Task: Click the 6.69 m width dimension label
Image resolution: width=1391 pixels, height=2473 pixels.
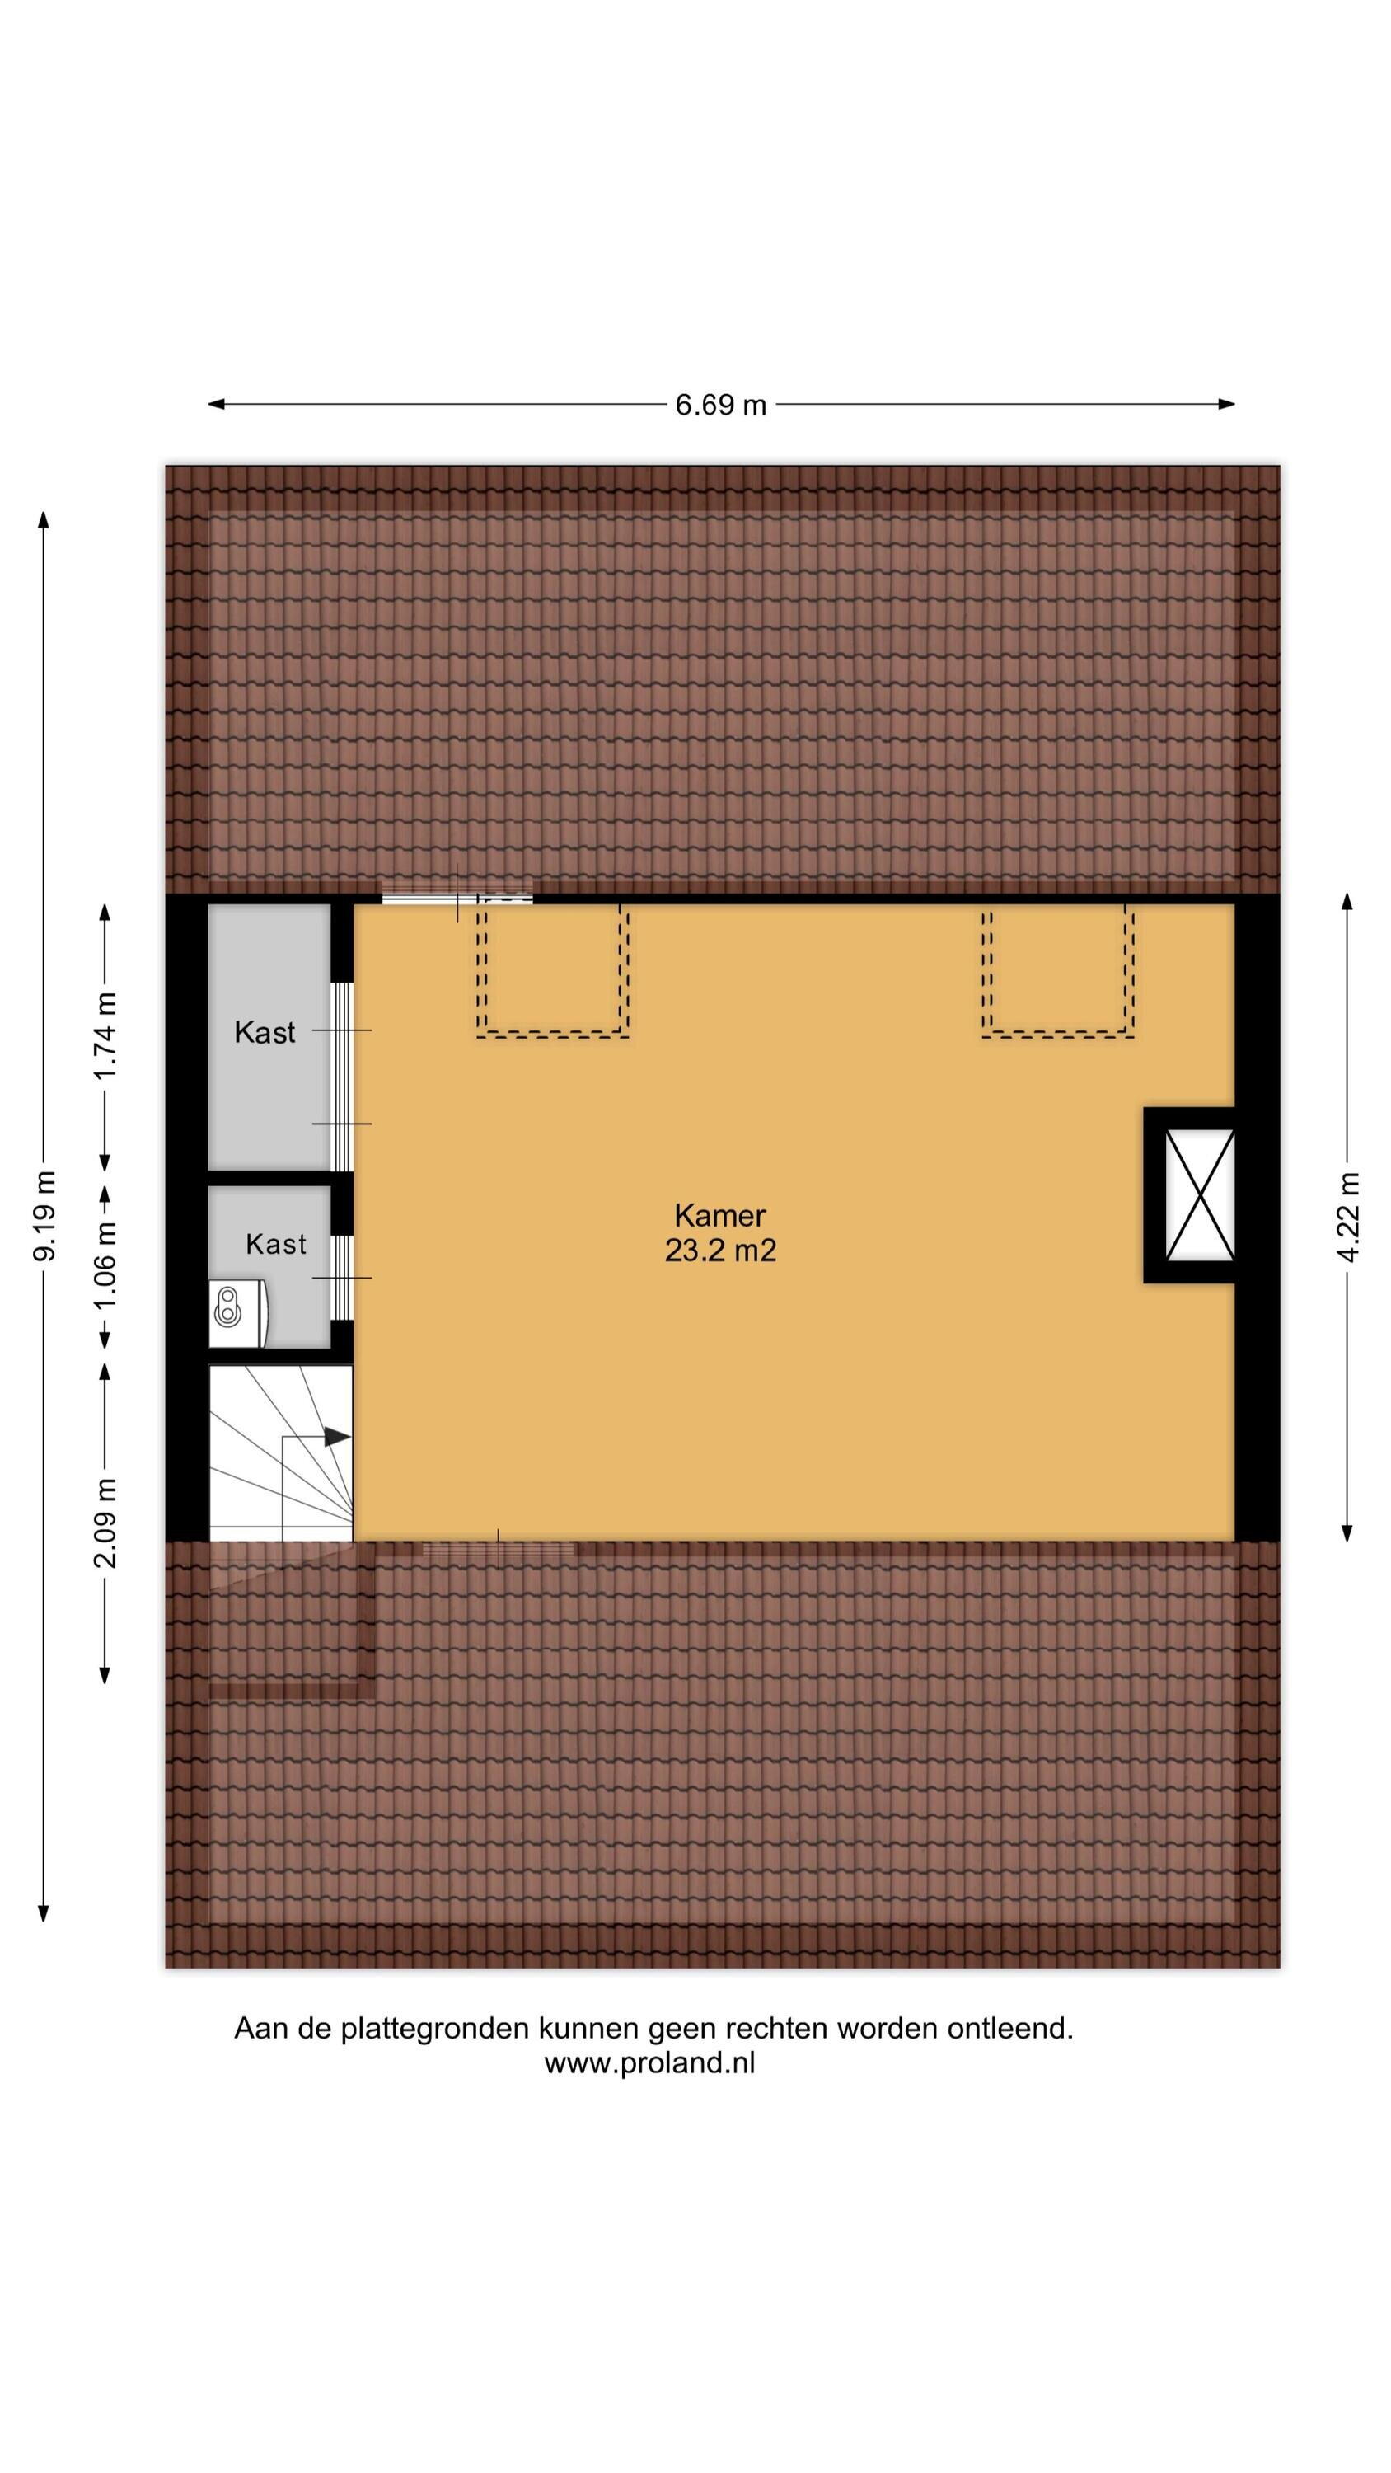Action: (x=720, y=405)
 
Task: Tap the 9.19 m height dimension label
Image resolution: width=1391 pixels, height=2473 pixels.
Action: (x=44, y=1215)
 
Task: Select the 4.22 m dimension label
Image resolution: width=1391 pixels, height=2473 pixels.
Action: (x=1348, y=1218)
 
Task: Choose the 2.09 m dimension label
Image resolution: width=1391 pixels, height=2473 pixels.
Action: (x=105, y=1523)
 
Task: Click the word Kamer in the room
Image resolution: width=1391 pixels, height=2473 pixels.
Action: (x=720, y=1215)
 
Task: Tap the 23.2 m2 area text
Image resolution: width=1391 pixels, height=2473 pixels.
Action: (x=720, y=1251)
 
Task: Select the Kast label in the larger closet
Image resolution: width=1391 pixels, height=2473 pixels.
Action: (x=265, y=1032)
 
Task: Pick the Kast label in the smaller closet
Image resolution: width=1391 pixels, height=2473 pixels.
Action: (x=275, y=1244)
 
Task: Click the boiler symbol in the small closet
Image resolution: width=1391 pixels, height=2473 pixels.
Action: (x=238, y=1305)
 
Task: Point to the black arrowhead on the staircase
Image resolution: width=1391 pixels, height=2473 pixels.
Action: (x=336, y=1437)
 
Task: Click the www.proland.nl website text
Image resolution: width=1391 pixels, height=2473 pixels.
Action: (x=650, y=2063)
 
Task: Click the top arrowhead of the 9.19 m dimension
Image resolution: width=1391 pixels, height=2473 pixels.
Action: (x=43, y=519)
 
